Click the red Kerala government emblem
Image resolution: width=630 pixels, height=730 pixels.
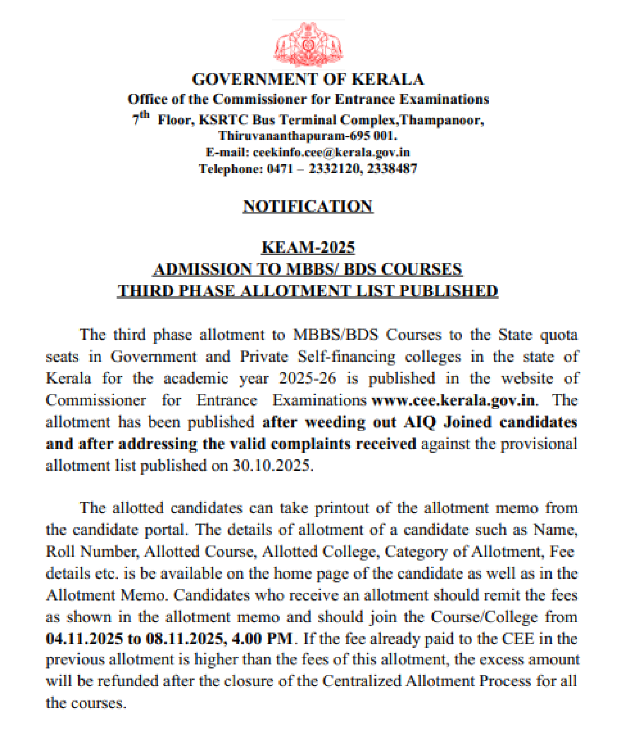point(308,44)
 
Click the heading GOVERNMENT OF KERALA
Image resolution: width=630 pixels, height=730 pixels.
point(308,79)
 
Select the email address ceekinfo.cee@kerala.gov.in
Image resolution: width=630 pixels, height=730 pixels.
point(331,153)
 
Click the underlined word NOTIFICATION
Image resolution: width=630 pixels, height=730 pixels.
point(308,206)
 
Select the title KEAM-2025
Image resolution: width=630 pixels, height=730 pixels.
point(308,247)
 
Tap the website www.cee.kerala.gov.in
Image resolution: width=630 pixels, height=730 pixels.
point(453,400)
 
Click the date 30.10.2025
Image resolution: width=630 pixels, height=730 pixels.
point(272,466)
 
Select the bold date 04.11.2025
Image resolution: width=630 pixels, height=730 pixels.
point(85,639)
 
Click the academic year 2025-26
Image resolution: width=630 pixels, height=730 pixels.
point(308,379)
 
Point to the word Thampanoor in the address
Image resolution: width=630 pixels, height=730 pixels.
point(441,120)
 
